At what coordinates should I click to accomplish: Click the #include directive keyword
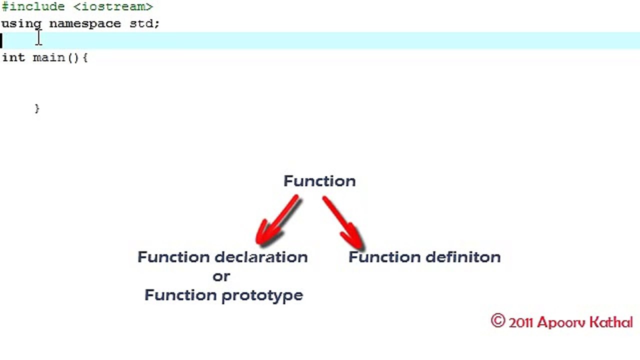(x=33, y=6)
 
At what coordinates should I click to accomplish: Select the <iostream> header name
(x=113, y=6)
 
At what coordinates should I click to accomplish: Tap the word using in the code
(x=21, y=24)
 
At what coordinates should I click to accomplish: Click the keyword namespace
(x=85, y=24)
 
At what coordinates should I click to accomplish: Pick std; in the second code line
(x=144, y=23)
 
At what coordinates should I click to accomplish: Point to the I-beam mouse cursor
(x=39, y=37)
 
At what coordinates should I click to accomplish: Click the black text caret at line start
(x=1, y=40)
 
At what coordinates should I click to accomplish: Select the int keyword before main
(x=13, y=57)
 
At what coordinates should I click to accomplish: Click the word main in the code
(x=49, y=57)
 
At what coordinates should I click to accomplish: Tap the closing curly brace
(x=37, y=108)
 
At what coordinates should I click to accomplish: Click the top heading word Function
(x=319, y=181)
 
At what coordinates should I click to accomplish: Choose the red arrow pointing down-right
(x=343, y=222)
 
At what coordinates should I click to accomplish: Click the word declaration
(x=261, y=257)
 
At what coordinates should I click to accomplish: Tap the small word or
(x=221, y=276)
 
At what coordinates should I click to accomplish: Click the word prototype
(x=262, y=295)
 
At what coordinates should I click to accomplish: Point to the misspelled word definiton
(x=463, y=257)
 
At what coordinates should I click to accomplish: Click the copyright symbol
(x=498, y=320)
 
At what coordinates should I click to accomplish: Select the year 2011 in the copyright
(x=521, y=323)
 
